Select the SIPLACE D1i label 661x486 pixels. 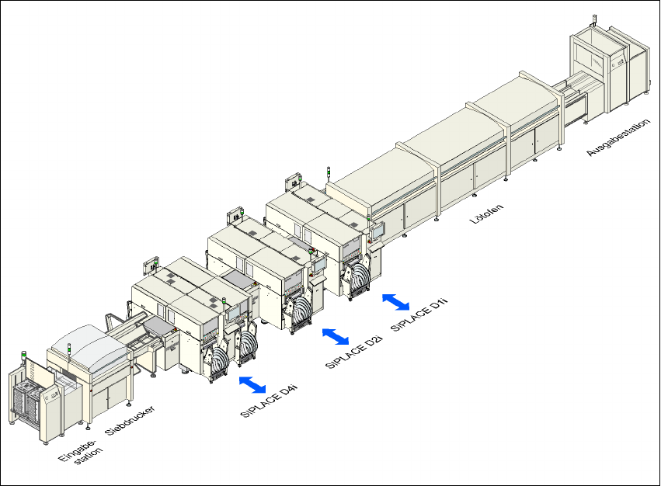click(419, 314)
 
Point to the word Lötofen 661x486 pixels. click(486, 214)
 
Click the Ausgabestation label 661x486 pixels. click(618, 137)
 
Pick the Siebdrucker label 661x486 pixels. click(130, 420)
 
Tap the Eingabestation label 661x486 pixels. click(80, 452)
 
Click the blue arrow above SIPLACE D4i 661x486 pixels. click(252, 384)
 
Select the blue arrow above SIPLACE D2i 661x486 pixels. click(336, 336)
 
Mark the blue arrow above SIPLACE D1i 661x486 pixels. click(396, 302)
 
